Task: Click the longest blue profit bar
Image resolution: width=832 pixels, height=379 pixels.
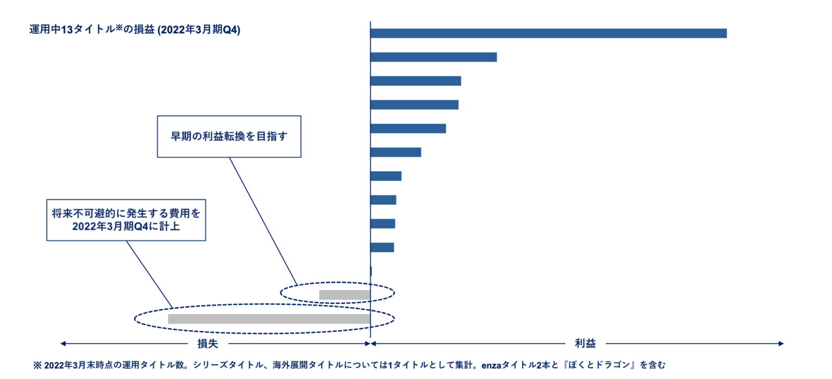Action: pos(548,33)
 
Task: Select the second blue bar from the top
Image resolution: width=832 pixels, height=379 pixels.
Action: pos(433,57)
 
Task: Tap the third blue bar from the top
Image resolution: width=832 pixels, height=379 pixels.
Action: pos(415,81)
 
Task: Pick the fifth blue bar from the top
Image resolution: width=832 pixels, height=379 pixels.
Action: pos(408,128)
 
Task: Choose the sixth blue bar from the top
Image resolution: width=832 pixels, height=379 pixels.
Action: pos(395,152)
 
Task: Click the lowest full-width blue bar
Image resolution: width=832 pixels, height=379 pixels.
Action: pos(382,247)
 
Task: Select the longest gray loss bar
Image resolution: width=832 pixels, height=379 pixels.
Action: pos(269,319)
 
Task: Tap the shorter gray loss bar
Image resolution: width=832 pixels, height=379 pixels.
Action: pos(344,295)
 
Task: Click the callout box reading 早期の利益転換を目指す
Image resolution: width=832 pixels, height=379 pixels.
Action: pos(229,136)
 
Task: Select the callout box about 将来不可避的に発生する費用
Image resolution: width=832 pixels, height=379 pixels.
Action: pos(126,220)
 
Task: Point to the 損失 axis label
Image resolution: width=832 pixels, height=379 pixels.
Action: pos(207,344)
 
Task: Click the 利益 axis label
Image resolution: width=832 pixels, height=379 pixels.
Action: pos(585,344)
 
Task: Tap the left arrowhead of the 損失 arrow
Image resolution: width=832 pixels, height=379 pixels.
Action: pos(63,344)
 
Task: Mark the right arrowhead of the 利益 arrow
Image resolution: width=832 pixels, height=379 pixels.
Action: pos(781,344)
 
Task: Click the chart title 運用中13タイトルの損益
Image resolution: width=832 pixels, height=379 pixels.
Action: pos(135,30)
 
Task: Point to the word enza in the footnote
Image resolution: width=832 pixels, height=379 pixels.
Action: pos(491,365)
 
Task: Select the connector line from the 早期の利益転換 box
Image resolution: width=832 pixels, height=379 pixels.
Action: pos(263,221)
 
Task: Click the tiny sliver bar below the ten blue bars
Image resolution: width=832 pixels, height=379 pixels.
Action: pos(371,271)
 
